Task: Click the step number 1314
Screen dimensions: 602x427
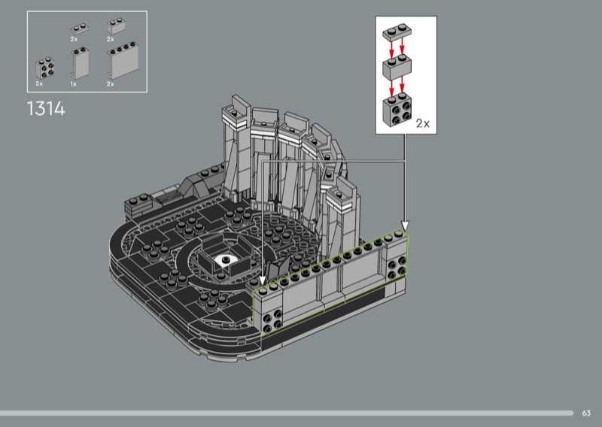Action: click(x=46, y=108)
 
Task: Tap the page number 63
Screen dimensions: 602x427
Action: click(x=586, y=413)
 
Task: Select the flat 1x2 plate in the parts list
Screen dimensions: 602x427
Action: click(x=80, y=29)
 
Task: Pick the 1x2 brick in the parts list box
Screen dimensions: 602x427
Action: click(x=117, y=26)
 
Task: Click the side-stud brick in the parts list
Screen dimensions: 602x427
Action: click(x=45, y=68)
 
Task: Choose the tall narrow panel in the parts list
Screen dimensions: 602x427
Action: click(x=80, y=63)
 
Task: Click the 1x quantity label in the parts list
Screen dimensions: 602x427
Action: click(x=73, y=83)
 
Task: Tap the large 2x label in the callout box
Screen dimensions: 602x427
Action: click(x=423, y=123)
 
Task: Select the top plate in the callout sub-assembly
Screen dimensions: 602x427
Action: click(x=397, y=32)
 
